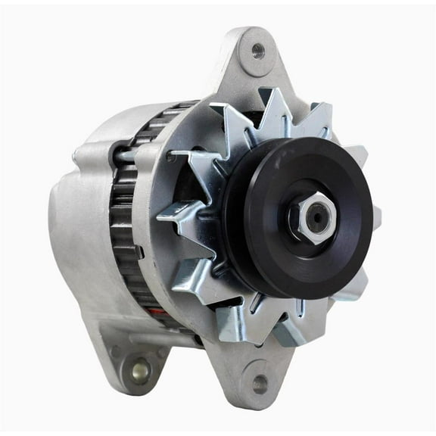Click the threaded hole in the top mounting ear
[x=257, y=51]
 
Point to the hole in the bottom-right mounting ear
[x=260, y=385]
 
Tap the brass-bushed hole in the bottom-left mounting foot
[x=139, y=370]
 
